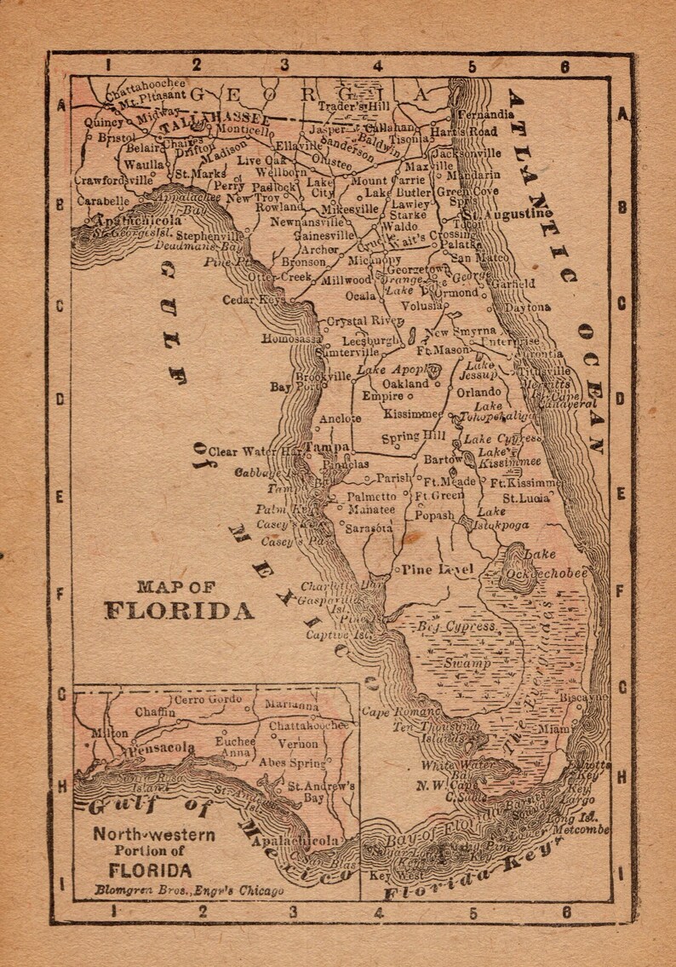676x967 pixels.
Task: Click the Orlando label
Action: point(478,392)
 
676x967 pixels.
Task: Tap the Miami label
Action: point(554,729)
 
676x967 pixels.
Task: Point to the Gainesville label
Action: point(324,235)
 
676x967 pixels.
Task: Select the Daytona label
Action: point(527,307)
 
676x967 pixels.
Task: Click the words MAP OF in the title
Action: point(176,586)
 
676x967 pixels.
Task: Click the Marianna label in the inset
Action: point(291,705)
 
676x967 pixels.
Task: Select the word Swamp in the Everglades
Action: point(466,663)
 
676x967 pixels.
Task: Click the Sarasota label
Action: point(369,528)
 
